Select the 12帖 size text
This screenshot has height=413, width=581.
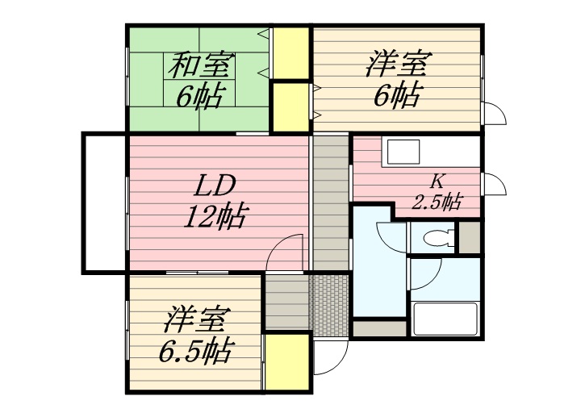(x=215, y=216)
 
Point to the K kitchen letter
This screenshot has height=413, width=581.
(x=437, y=181)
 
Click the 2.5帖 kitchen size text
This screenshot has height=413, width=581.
(x=437, y=202)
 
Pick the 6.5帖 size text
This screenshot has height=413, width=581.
(x=196, y=350)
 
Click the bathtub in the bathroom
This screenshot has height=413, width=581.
(x=444, y=319)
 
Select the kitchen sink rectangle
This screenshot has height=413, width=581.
(x=403, y=152)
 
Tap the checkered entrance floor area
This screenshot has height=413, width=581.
(x=330, y=305)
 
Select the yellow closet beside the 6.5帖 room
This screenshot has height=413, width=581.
(x=287, y=362)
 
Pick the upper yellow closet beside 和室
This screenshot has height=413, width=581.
(x=291, y=53)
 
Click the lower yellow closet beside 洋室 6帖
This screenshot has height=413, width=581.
(x=291, y=106)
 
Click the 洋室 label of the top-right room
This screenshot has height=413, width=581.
(x=399, y=65)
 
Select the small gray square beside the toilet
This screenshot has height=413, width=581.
(x=470, y=237)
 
